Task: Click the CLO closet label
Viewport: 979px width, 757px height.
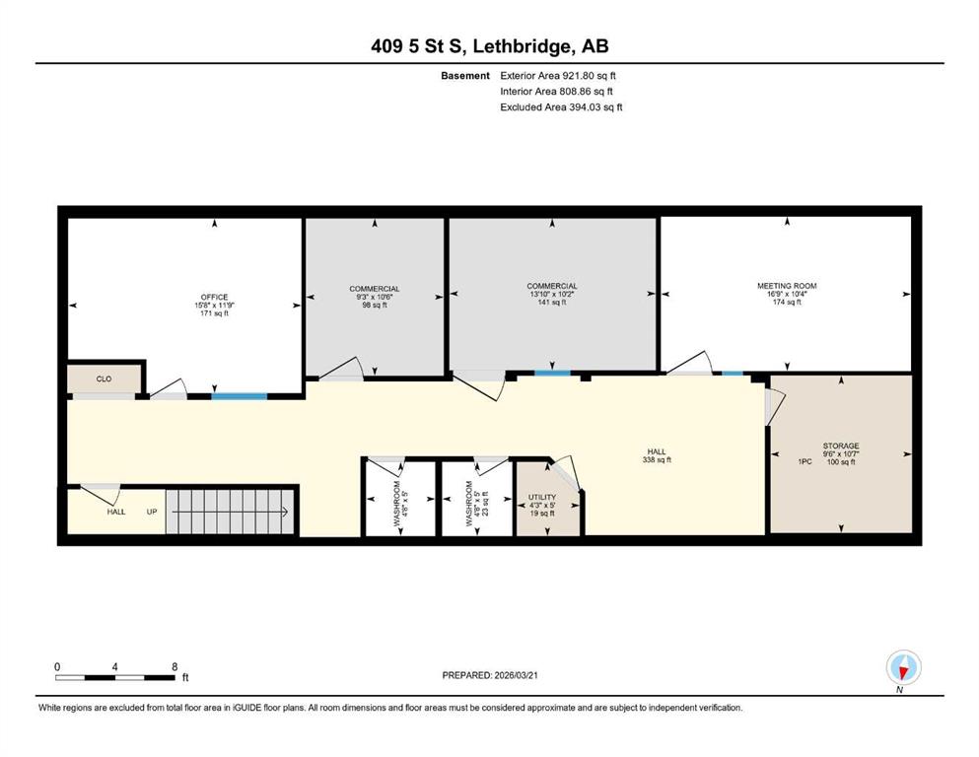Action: coord(104,378)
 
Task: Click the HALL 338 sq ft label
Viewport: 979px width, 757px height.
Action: coord(657,455)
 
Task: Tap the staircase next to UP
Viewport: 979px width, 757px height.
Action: coord(230,512)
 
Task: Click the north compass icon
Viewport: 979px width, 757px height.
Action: coord(903,667)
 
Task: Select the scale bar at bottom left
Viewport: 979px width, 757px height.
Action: coord(115,677)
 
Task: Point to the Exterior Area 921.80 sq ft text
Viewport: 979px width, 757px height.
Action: coord(558,76)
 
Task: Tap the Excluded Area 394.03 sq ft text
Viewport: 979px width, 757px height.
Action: coord(561,106)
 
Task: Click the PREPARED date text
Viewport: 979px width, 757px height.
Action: coord(489,675)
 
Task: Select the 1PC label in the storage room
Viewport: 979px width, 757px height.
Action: coord(804,462)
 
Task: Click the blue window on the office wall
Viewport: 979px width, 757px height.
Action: coord(240,396)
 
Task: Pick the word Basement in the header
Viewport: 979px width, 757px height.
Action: coord(465,76)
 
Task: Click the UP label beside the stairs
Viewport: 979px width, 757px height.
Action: coord(152,512)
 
